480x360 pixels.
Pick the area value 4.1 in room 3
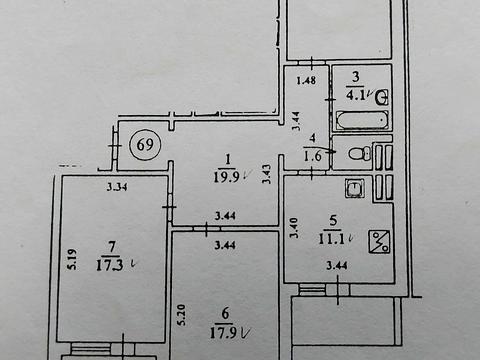[356, 96]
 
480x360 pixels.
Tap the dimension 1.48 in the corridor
[307, 80]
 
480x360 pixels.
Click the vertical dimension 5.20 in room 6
[181, 317]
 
